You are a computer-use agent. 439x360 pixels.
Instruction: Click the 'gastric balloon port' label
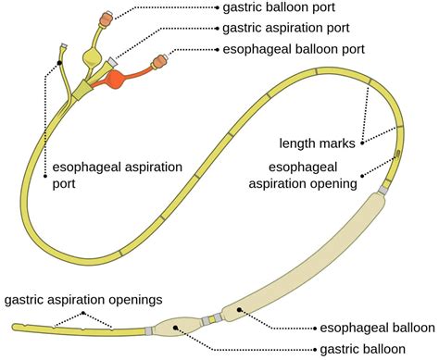[279, 7]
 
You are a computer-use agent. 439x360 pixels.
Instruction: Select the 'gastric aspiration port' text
[286, 28]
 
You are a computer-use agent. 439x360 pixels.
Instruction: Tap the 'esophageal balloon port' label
[294, 49]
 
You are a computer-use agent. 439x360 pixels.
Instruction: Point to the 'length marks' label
[318, 143]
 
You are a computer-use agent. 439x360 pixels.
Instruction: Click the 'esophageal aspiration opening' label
[303, 175]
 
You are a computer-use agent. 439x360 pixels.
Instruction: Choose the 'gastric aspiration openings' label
[83, 300]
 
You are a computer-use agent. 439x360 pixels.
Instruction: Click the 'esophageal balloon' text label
[377, 328]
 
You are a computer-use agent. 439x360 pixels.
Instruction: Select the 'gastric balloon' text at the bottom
[363, 350]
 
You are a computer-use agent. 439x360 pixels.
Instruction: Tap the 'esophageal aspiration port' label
[118, 175]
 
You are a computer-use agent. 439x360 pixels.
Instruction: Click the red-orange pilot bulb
[115, 79]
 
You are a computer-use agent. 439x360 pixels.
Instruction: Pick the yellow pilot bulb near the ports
[92, 56]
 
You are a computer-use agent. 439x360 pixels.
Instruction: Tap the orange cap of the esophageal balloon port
[159, 60]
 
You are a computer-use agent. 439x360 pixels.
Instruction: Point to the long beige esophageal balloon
[304, 257]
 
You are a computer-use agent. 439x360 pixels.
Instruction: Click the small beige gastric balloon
[178, 328]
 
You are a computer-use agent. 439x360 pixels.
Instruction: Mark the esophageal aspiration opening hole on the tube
[397, 153]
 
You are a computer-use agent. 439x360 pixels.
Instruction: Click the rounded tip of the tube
[15, 327]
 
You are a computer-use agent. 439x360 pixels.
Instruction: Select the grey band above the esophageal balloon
[383, 191]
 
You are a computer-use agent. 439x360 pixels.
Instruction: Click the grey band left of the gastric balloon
[149, 330]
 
